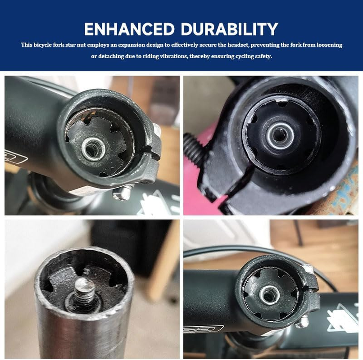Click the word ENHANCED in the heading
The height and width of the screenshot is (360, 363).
129,29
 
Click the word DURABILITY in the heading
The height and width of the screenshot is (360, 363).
229,29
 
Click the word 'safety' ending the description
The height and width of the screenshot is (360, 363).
263,57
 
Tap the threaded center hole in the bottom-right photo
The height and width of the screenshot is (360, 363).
269,295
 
